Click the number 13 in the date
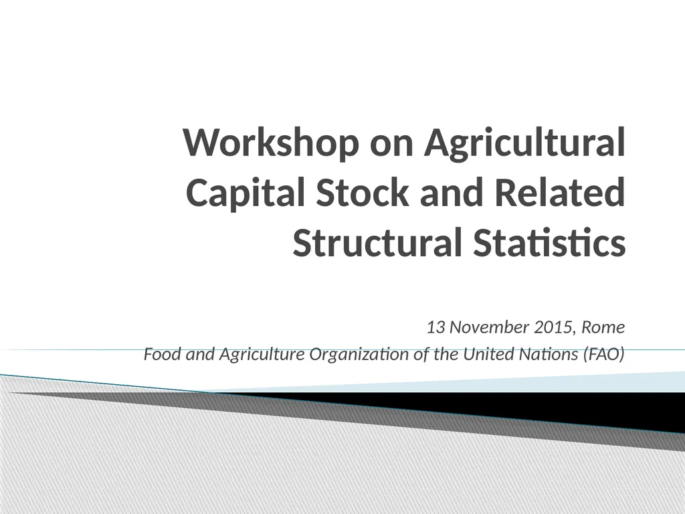coord(436,328)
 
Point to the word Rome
coord(603,328)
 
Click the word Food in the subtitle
coord(158,354)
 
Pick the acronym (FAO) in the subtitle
coord(605,354)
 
